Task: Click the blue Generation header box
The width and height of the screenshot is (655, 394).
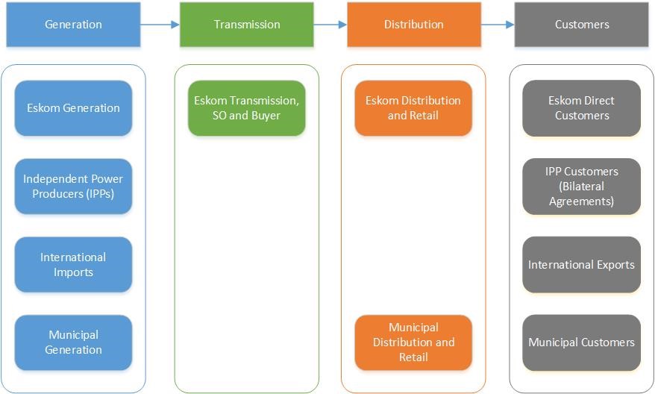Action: click(x=73, y=25)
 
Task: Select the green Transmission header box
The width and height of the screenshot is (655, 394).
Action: click(x=247, y=25)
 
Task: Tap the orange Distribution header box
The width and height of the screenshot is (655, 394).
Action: click(x=414, y=25)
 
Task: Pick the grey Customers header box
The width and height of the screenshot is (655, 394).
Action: click(x=582, y=25)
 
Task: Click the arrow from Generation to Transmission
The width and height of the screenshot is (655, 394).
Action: click(x=160, y=25)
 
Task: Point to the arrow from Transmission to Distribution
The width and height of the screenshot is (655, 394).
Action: click(x=330, y=25)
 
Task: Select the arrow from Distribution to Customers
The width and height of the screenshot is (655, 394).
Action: click(x=498, y=25)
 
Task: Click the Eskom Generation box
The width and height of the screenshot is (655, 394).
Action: click(x=73, y=108)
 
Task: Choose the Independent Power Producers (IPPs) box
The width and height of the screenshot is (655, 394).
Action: click(x=73, y=187)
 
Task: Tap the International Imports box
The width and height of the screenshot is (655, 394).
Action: click(x=73, y=265)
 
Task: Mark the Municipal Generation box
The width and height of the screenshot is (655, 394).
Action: click(x=73, y=343)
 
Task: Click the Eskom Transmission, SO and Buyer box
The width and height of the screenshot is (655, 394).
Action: click(x=247, y=108)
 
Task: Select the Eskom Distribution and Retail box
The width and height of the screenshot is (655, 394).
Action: click(x=413, y=108)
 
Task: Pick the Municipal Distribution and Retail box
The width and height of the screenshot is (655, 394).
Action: click(x=413, y=343)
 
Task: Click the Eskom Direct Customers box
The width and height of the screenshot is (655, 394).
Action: click(x=582, y=108)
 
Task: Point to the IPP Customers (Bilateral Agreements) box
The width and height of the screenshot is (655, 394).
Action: click(x=582, y=187)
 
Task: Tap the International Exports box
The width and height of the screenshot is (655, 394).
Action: click(x=582, y=265)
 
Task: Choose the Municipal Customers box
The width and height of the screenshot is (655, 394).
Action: click(x=582, y=343)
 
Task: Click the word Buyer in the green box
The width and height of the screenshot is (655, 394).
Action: click(x=266, y=116)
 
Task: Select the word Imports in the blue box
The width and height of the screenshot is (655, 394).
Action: click(x=73, y=272)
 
